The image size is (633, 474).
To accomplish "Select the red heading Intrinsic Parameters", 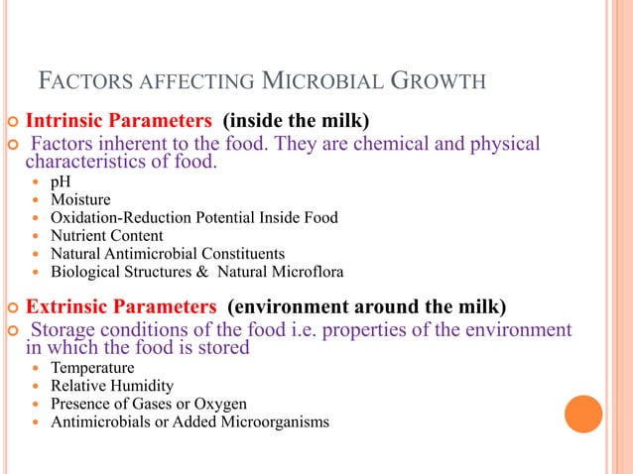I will (x=118, y=122).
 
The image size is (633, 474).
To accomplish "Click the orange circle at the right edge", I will (x=583, y=414).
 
